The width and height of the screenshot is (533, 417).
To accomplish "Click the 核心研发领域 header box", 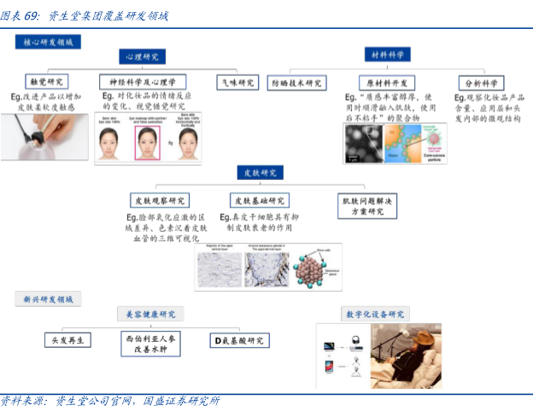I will (49, 41).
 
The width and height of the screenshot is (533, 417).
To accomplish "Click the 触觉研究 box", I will (46, 82).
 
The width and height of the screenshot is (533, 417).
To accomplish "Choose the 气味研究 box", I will (237, 82).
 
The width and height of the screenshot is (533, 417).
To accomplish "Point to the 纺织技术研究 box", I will (296, 83).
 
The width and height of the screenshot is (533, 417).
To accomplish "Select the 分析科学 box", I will (481, 83).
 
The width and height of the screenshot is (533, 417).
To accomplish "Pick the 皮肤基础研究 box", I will (259, 201).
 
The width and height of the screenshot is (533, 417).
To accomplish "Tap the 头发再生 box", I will (68, 340).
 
